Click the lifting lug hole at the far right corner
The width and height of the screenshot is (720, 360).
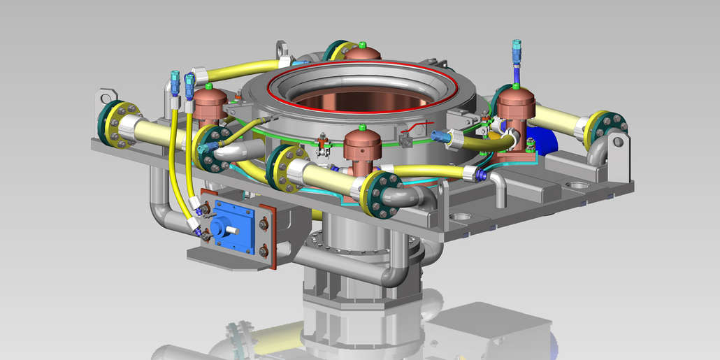[x=618, y=142]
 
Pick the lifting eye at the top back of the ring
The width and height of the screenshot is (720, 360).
[x=282, y=50]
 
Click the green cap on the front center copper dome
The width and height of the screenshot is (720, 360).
[x=362, y=128]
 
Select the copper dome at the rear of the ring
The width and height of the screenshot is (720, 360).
[x=362, y=53]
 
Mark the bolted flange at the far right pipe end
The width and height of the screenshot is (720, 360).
[x=605, y=130]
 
